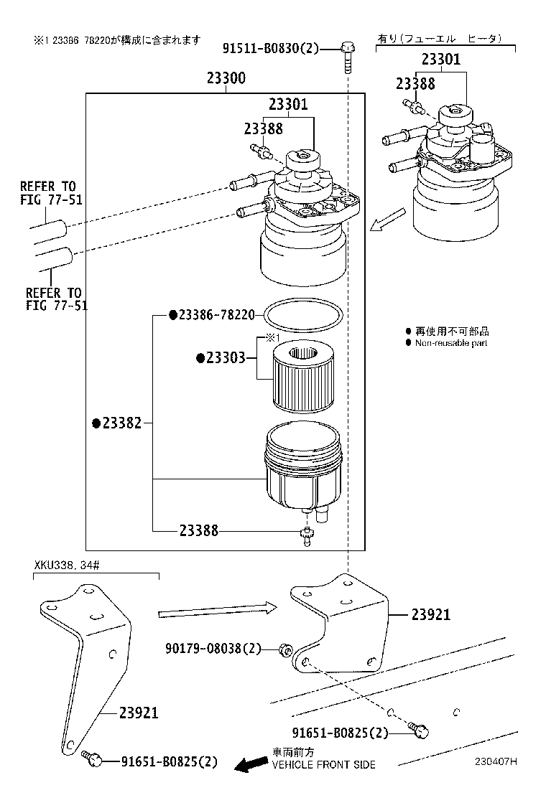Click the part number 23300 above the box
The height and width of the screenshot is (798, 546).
tap(226, 79)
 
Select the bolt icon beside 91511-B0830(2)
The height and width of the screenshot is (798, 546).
tap(347, 53)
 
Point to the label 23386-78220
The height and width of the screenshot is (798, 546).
tap(212, 315)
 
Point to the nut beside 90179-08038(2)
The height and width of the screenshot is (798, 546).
tap(284, 649)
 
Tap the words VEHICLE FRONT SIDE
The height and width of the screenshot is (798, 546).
tap(323, 765)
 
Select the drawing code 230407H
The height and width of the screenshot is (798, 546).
tap(495, 762)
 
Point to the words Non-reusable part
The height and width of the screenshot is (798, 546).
tap(450, 343)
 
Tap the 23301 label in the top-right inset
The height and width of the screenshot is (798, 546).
tap(440, 60)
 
